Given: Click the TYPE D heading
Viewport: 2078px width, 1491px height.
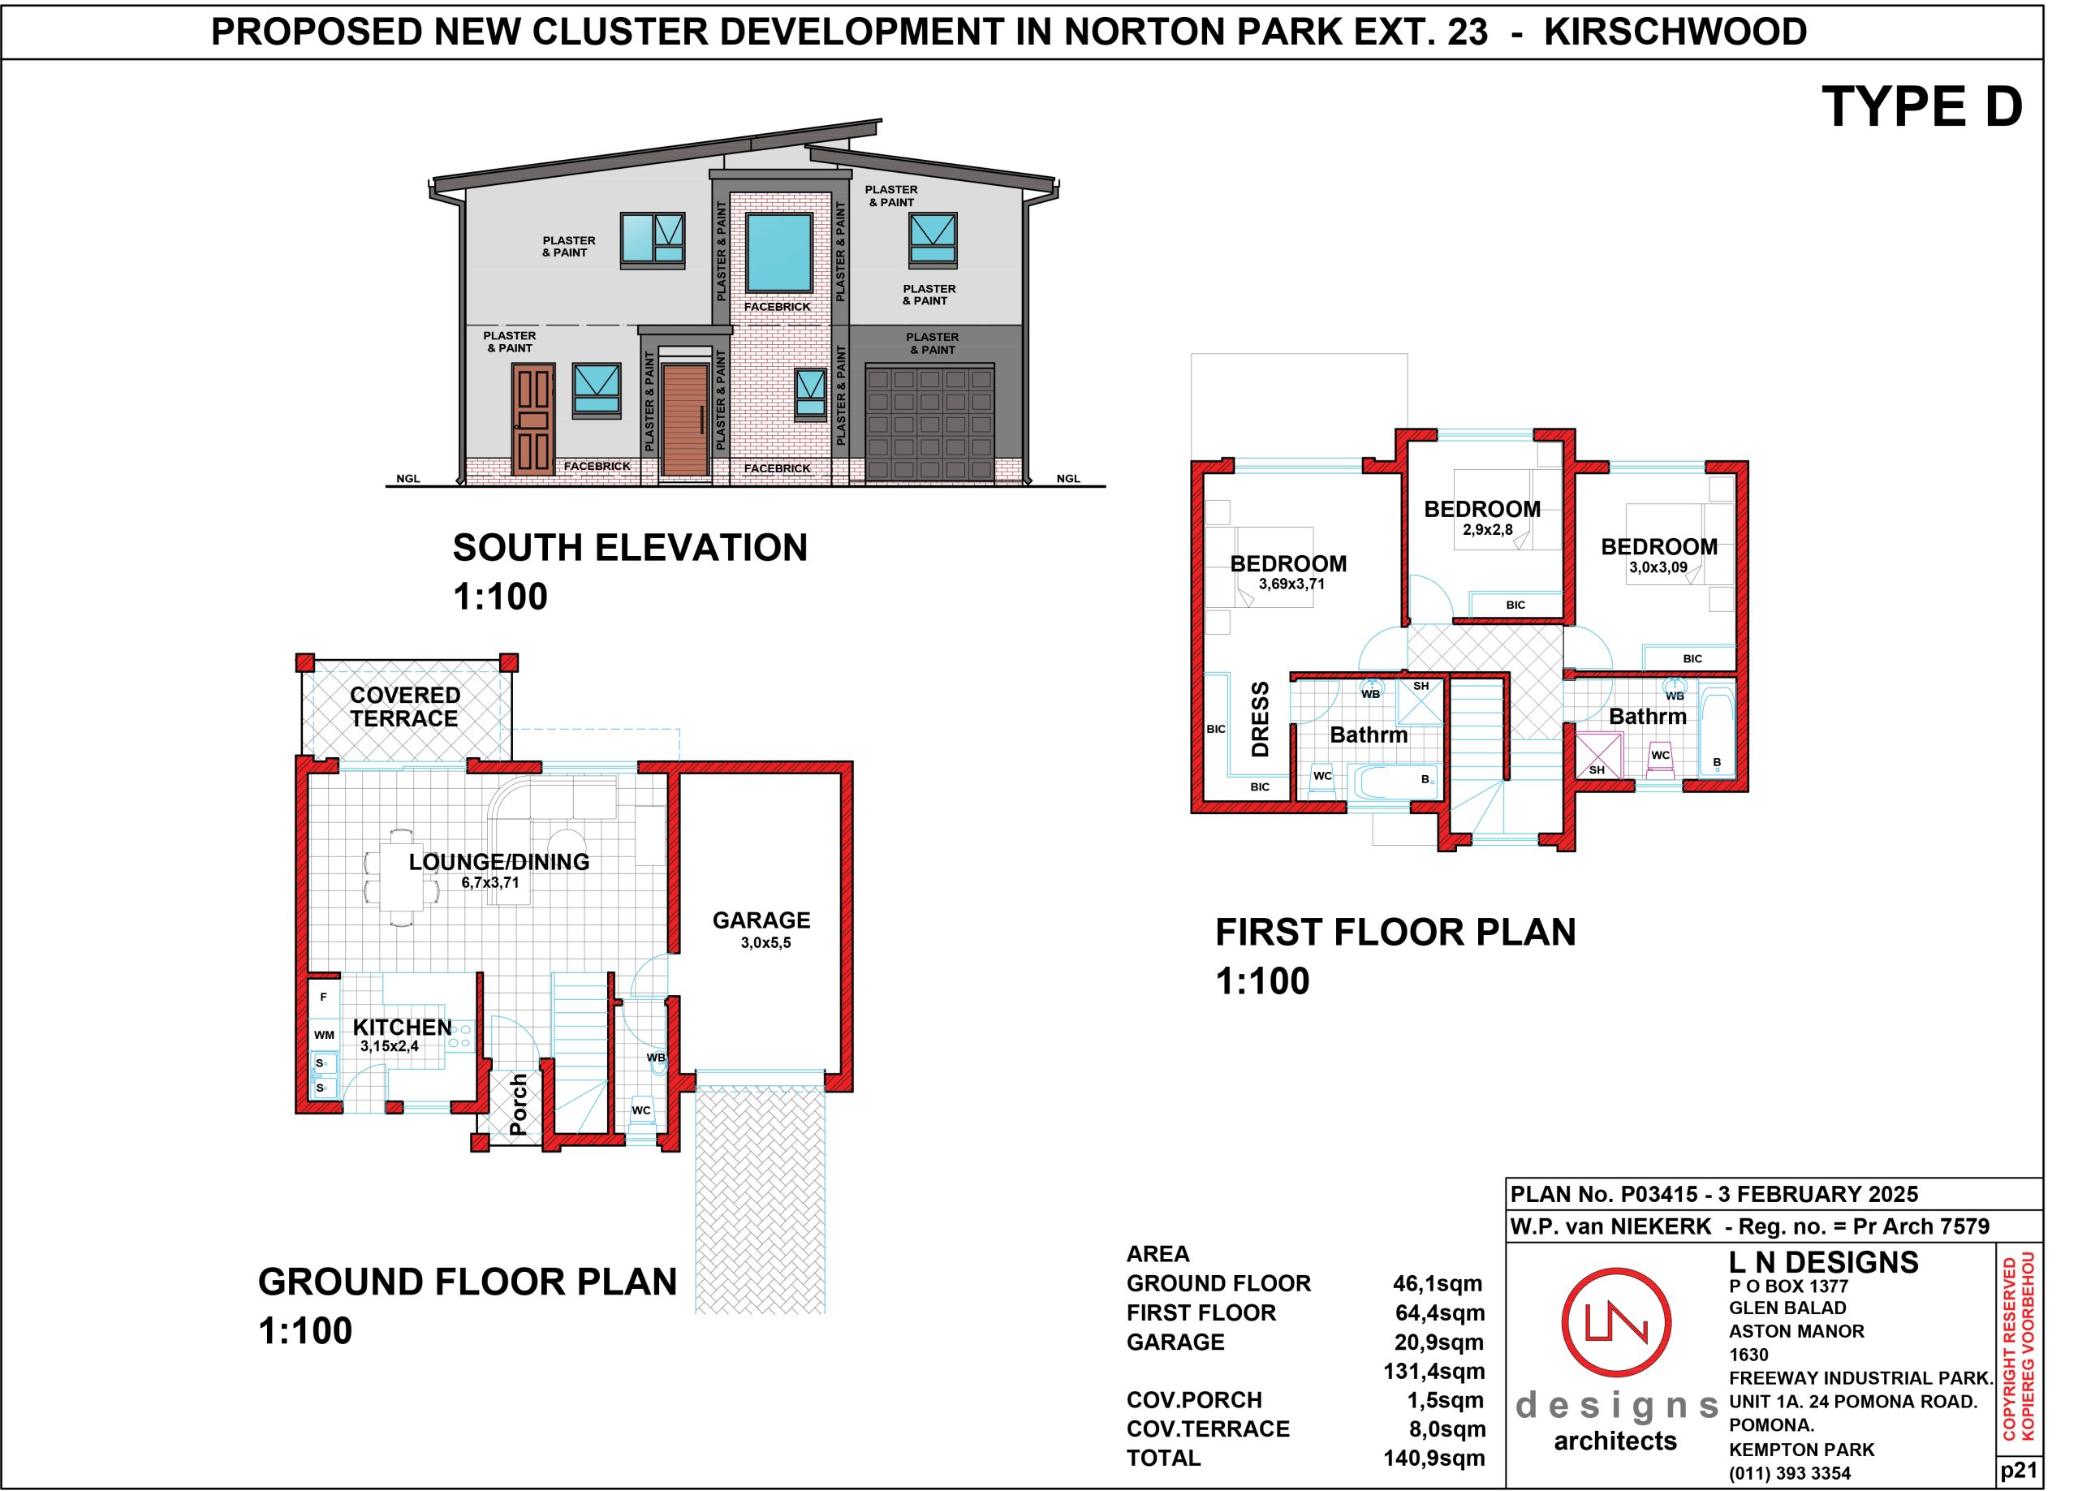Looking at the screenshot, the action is [1921, 107].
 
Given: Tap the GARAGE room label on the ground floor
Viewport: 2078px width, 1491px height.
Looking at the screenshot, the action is [761, 920].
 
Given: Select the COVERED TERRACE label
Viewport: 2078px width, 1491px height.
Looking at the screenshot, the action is [404, 707].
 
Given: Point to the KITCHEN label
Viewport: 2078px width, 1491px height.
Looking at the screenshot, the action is [403, 1028].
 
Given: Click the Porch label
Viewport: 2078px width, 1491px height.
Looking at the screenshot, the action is [518, 1105].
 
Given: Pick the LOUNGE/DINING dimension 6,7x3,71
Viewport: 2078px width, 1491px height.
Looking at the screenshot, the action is [490, 882].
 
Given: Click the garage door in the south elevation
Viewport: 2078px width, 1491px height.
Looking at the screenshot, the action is [930, 424].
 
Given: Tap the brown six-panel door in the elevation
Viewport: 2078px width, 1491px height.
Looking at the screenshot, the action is [533, 419].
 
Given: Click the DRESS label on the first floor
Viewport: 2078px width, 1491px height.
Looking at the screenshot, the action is [1261, 718].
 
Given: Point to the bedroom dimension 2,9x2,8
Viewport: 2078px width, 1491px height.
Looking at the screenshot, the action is [1487, 530].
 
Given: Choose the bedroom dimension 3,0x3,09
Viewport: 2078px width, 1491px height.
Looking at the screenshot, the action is [1658, 567].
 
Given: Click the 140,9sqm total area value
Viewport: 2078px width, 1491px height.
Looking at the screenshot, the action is [1433, 1458].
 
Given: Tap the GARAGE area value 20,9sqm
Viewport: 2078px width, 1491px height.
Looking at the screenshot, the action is [1439, 1342].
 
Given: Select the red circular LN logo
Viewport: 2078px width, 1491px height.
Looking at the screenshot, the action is [1616, 1323].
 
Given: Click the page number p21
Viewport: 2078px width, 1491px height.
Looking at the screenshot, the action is [2019, 1470].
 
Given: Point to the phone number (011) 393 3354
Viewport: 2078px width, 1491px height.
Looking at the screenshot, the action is [1789, 1474].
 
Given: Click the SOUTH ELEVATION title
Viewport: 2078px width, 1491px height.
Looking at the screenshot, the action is [631, 547].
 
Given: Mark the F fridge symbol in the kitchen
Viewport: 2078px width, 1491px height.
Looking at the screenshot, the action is [323, 997].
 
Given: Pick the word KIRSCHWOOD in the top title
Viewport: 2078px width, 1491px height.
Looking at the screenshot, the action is [1675, 32].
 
